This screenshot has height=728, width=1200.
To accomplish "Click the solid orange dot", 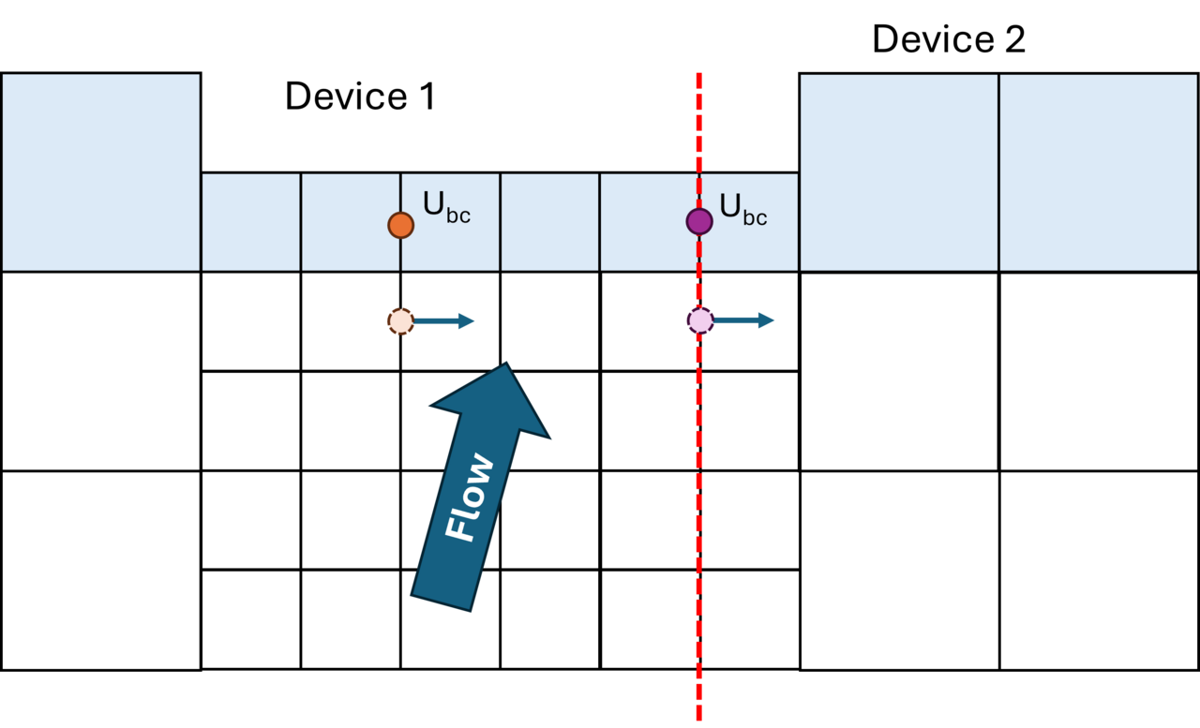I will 400,225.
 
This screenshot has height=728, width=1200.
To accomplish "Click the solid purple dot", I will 699,221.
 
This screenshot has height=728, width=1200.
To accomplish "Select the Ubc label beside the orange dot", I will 446,207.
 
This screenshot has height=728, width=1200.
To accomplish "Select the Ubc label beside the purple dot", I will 742,209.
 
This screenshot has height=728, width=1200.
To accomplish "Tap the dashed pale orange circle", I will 400,321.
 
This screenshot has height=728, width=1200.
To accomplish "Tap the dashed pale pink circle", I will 700,320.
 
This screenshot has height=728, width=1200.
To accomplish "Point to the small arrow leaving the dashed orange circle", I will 445,321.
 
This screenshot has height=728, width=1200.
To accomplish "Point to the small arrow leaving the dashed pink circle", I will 745,320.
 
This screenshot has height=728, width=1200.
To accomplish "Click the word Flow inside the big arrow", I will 470,498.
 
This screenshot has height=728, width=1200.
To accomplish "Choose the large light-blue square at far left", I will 100,171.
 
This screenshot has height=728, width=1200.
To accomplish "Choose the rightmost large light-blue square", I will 1098,171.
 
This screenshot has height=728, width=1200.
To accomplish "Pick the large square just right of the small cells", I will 898,171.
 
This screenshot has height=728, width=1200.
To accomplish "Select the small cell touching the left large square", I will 250,222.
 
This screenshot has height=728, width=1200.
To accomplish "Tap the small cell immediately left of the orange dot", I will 350,244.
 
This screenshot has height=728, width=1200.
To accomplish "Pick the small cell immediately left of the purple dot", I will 649,222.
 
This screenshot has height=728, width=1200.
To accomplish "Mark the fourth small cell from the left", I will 549,222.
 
